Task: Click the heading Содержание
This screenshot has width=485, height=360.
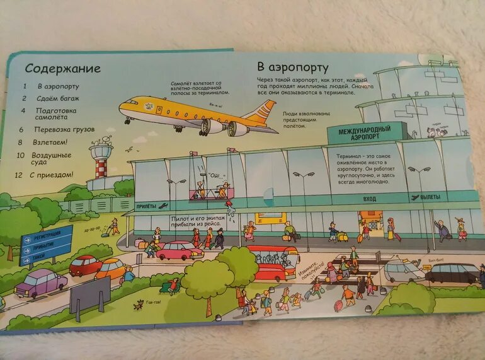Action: point(62,68)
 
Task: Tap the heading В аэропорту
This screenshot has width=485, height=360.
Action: point(292,67)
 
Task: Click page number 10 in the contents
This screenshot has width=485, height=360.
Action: point(21,155)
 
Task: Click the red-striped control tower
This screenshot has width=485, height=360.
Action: point(101,161)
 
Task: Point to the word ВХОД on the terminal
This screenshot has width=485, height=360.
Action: point(369,199)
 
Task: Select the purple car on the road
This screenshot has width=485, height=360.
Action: point(41,282)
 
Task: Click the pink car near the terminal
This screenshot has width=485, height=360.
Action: point(179,250)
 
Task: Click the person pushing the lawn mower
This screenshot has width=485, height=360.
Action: point(114,226)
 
